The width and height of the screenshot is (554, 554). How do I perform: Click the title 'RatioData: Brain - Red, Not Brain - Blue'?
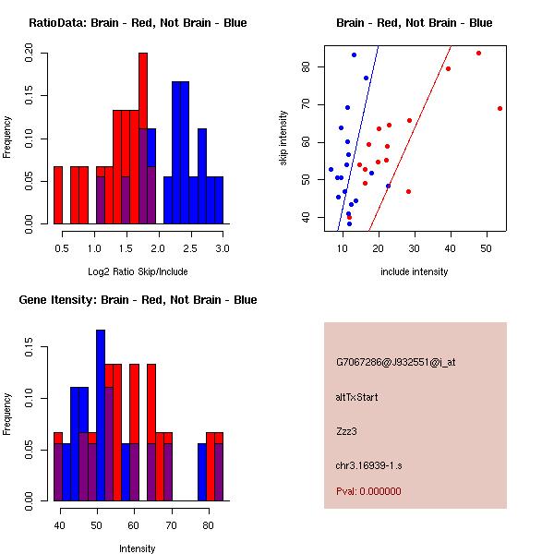coord(138,23)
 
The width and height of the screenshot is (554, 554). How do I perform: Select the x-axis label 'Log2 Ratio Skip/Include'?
coord(138,271)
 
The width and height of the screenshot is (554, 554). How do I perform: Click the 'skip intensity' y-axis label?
coord(283,138)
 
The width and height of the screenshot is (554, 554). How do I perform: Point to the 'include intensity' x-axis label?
coord(415,271)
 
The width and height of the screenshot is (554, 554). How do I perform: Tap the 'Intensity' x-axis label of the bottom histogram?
coord(138,548)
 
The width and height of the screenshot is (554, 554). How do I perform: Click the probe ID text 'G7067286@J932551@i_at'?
coord(396,362)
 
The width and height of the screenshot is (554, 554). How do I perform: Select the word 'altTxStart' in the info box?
coord(357,397)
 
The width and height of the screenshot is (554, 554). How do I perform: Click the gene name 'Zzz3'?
coord(346,430)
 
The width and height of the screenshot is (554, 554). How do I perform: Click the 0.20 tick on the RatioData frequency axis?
coord(30,54)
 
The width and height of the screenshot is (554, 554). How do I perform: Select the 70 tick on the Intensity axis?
coord(171,525)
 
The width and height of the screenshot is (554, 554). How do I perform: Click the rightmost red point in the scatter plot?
coord(500,108)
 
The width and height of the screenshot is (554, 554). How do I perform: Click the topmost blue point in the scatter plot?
coord(354,54)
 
